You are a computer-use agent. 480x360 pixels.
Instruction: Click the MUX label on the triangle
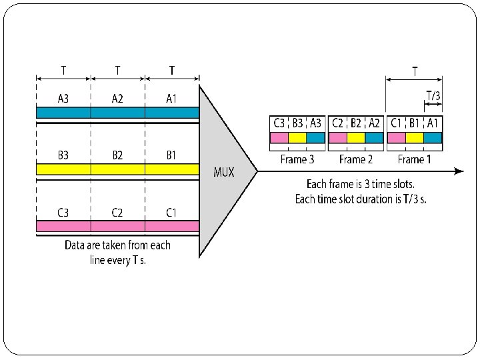point(224,172)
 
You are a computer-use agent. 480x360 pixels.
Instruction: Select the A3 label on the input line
point(63,99)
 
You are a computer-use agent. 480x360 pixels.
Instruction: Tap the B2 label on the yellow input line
point(117,155)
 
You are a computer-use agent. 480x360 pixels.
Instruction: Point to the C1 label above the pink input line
point(171,213)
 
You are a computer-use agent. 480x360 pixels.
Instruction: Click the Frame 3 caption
point(298,159)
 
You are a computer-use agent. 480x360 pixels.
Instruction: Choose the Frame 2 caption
point(355,159)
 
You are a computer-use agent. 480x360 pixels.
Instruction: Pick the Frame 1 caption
point(414,159)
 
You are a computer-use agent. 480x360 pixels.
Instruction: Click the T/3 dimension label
point(433,96)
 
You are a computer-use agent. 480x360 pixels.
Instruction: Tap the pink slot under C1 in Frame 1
point(396,137)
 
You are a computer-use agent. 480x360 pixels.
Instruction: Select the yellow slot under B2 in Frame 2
point(356,137)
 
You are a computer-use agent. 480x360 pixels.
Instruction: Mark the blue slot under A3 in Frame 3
point(316,137)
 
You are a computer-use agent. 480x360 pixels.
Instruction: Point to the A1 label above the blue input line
point(171,99)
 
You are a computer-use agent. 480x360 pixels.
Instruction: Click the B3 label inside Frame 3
point(297,123)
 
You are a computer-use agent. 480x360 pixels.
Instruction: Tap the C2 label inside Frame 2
point(338,123)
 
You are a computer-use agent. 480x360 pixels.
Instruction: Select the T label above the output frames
point(415,70)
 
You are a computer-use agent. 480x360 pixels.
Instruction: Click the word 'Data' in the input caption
point(77,245)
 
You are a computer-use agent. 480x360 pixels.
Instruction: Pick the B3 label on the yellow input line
point(63,155)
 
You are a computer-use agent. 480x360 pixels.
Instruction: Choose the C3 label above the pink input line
point(63,213)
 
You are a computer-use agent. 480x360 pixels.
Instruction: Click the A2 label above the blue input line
point(117,99)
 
